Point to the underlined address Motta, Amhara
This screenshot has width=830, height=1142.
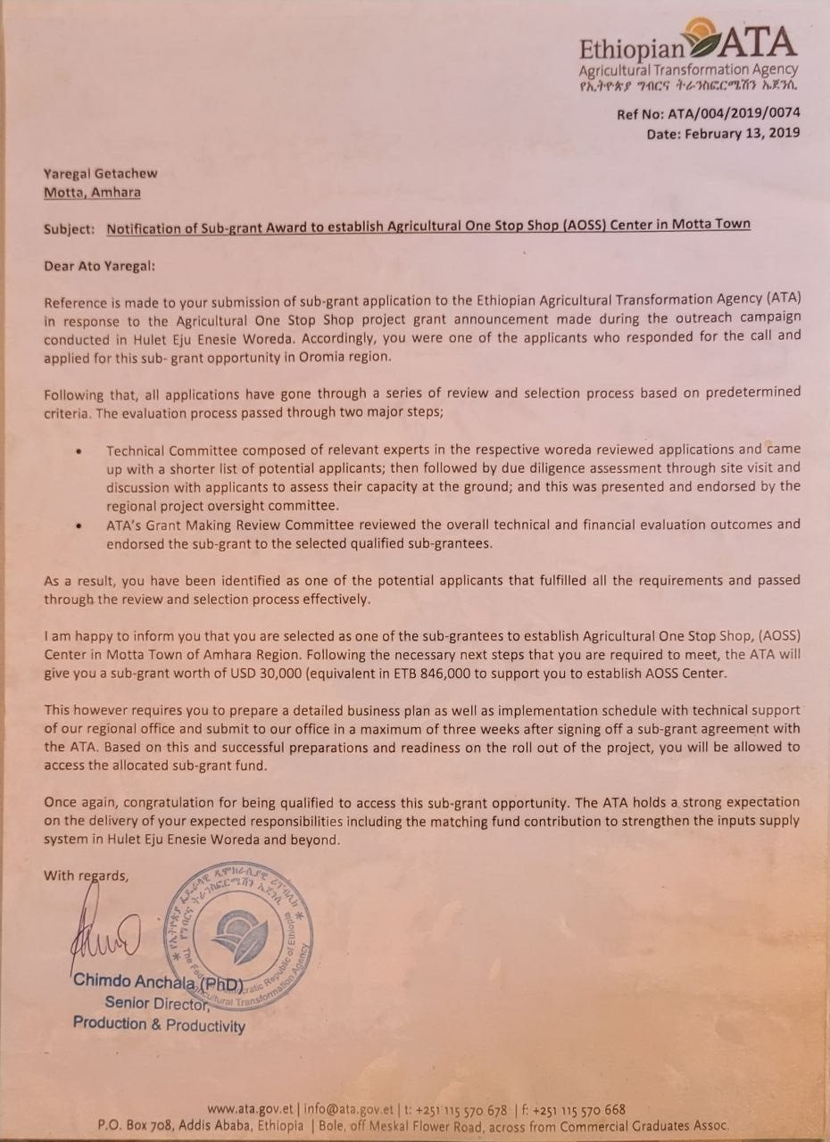pyautogui.click(x=92, y=192)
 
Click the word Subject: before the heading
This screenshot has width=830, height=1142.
pyautogui.click(x=69, y=228)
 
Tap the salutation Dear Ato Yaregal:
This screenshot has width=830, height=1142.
pyautogui.click(x=100, y=265)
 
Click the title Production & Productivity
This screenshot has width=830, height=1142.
pyautogui.click(x=159, y=1025)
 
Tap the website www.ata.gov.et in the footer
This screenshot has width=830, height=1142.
pyautogui.click(x=249, y=1109)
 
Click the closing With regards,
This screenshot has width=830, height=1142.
pyautogui.click(x=86, y=875)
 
